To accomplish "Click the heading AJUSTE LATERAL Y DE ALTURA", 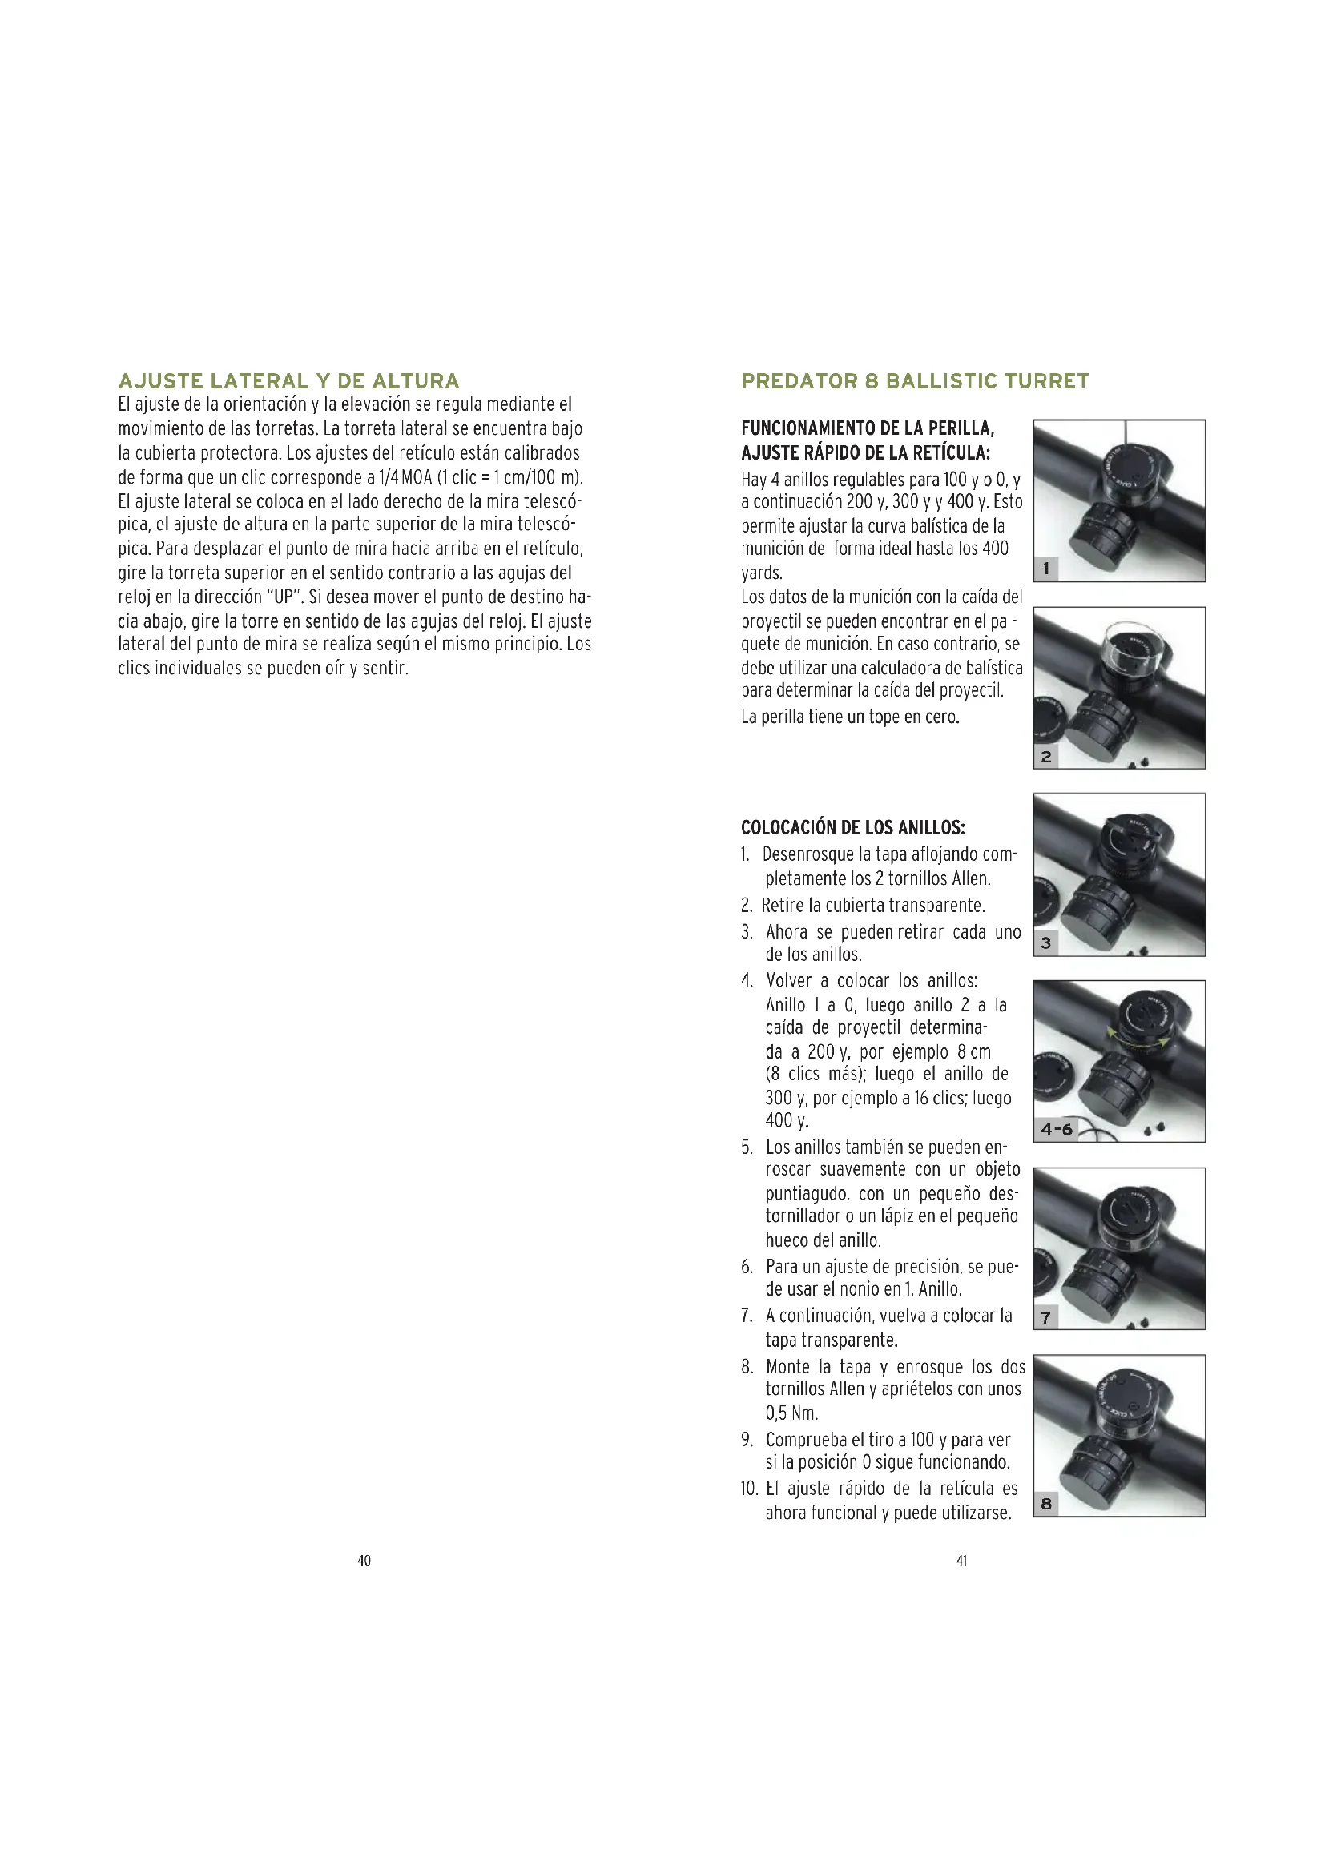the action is (289, 381).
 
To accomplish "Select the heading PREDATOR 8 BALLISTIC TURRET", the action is (915, 381).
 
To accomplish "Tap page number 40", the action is (364, 1561).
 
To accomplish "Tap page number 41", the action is (962, 1561).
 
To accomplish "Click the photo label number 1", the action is (1046, 569).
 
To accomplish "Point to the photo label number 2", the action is (1046, 756).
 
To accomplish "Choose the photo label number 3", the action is (1046, 943).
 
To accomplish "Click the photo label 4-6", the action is (1057, 1130).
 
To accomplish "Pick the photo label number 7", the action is (1046, 1316).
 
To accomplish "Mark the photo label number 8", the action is (1046, 1504).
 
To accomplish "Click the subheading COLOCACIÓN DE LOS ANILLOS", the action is (852, 828).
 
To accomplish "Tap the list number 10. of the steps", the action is (750, 1489).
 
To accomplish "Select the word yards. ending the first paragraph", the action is (761, 573).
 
